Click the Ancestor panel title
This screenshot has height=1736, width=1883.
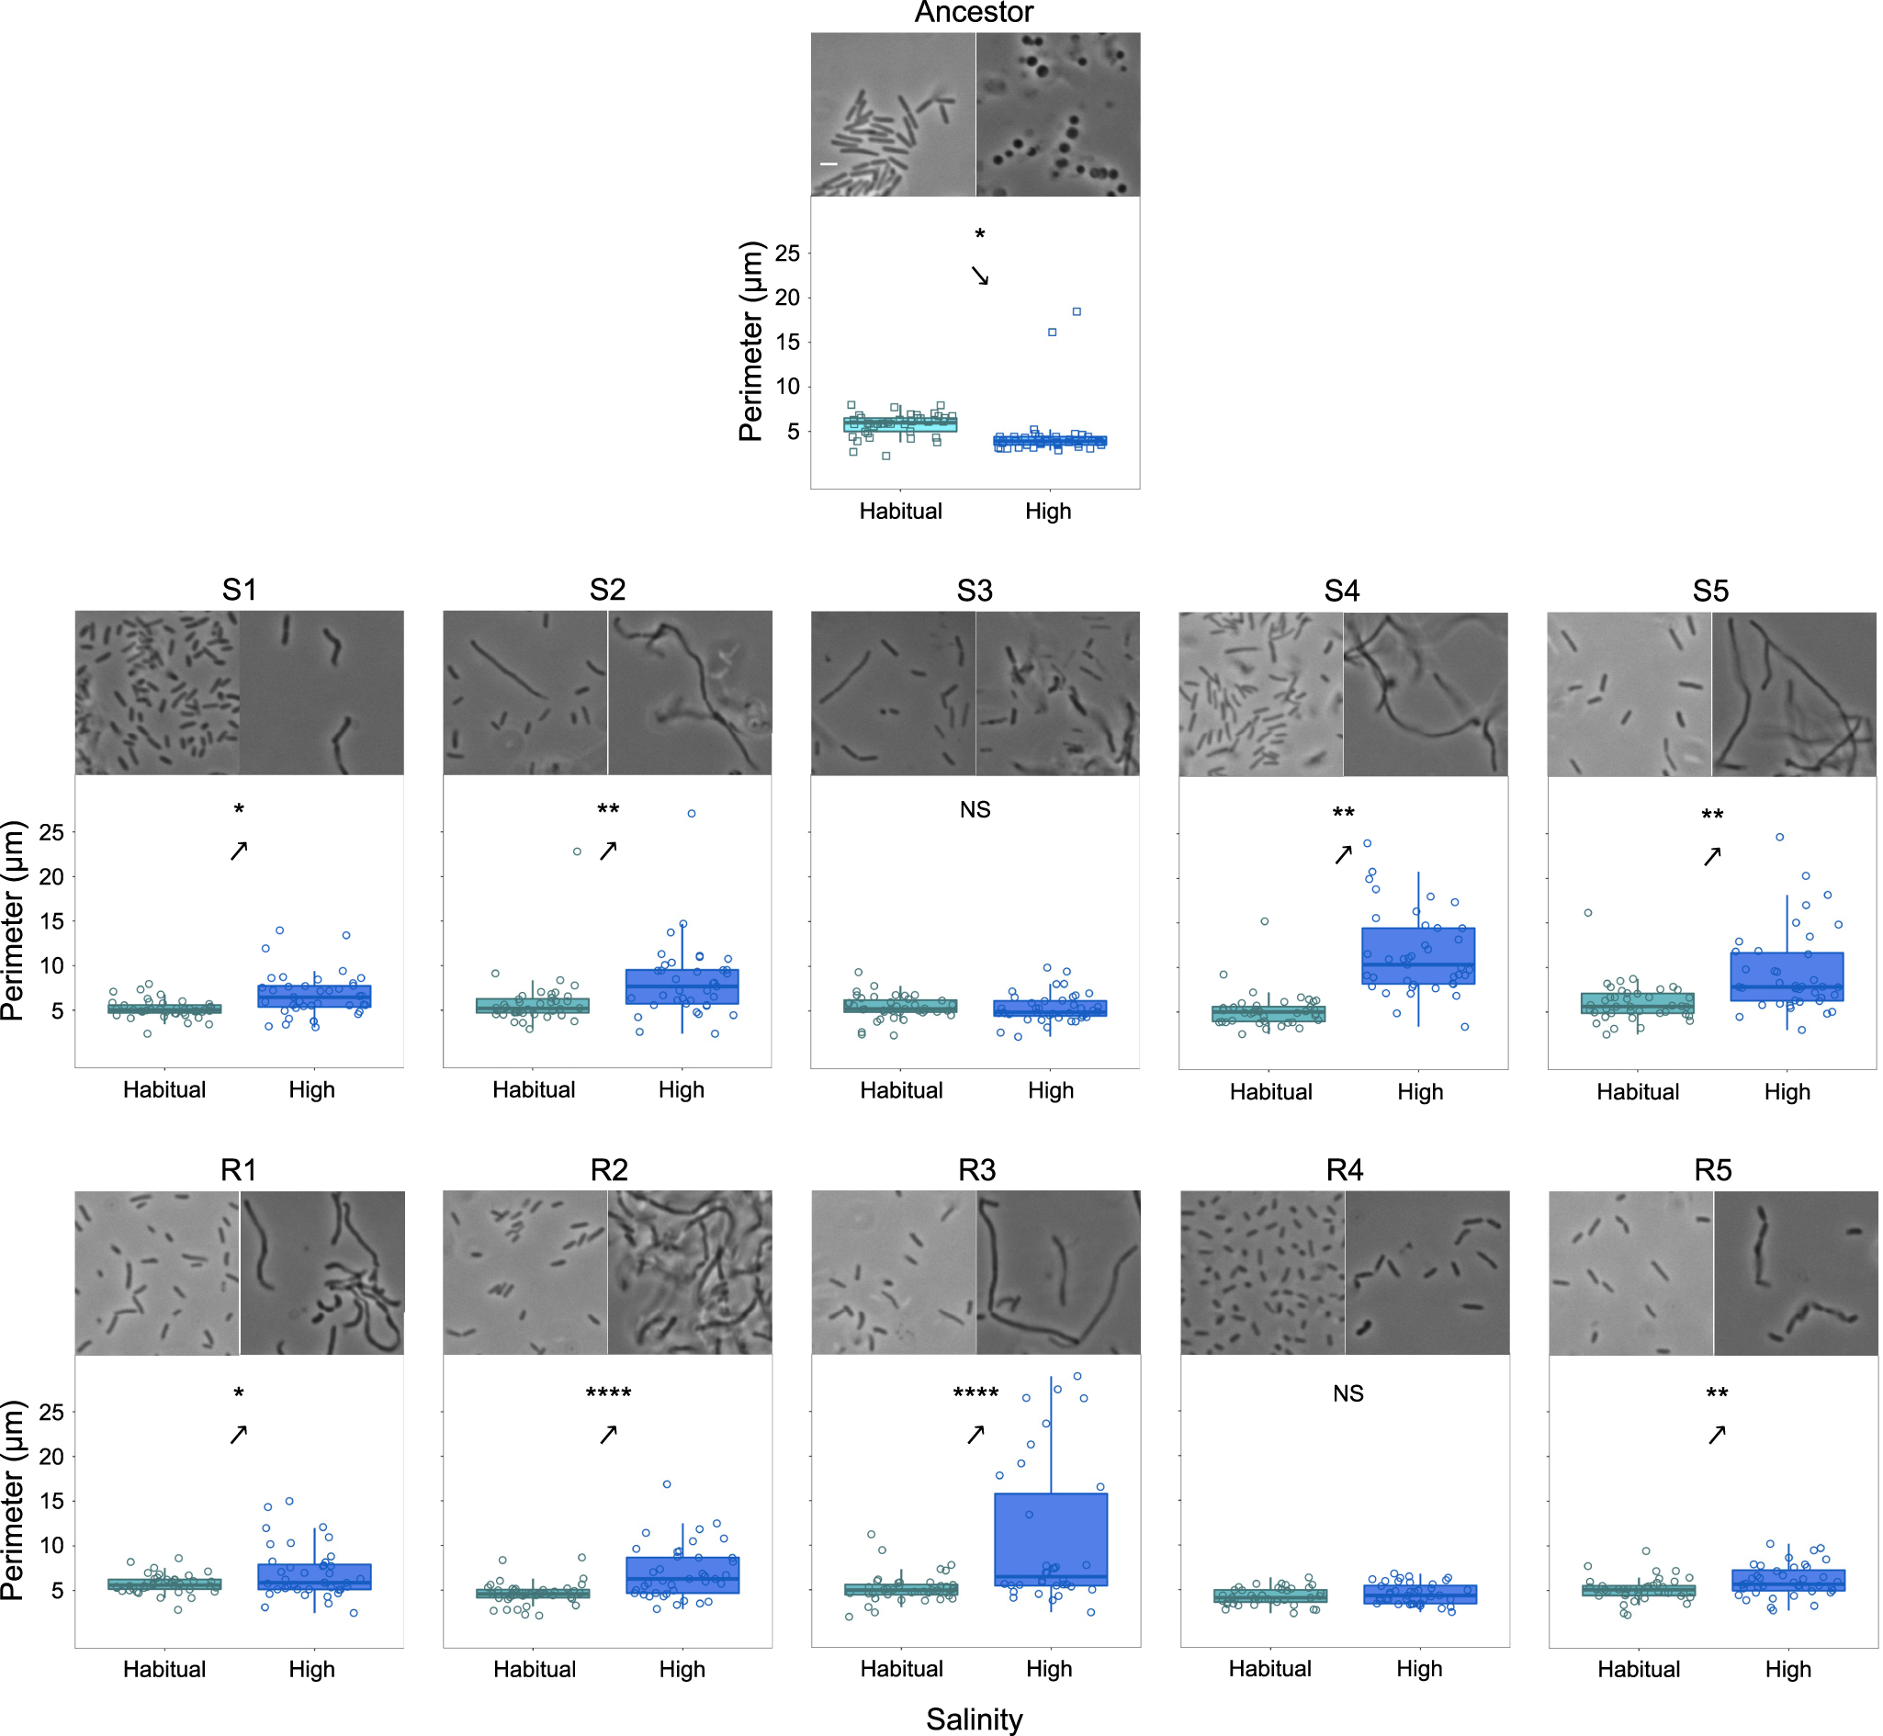(975, 12)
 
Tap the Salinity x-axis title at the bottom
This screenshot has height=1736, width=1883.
(975, 1719)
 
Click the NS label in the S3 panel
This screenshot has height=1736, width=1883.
(975, 810)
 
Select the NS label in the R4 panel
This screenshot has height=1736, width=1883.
(1348, 1393)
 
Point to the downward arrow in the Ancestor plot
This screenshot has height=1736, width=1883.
(980, 276)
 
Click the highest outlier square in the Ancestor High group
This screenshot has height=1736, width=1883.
(1077, 312)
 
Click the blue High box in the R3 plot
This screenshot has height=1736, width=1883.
(1052, 1539)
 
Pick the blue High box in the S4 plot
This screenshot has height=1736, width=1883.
(1419, 955)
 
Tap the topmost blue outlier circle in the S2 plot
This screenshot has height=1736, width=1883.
(692, 814)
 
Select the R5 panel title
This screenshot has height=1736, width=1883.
(1713, 1170)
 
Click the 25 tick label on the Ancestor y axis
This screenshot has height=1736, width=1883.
(787, 253)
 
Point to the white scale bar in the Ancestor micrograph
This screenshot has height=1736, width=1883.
(829, 164)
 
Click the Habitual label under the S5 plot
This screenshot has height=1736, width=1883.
(1638, 1091)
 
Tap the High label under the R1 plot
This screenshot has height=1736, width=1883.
(312, 1669)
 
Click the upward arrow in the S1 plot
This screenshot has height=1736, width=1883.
(240, 851)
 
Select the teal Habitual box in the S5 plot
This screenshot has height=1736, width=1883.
(1638, 1002)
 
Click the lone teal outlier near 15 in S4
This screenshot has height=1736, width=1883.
(1265, 921)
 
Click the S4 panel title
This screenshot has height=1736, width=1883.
(1342, 591)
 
